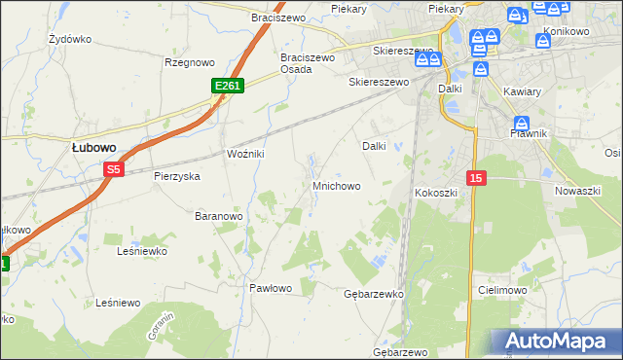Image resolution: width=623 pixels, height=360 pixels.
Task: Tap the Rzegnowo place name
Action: pos(189,62)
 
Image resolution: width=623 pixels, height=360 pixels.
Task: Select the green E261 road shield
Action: pos(227,87)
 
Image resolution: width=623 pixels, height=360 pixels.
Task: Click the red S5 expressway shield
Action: pos(114,169)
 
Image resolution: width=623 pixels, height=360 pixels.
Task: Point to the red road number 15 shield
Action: pos(475,177)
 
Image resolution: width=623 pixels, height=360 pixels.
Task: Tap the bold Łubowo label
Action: pos(94,147)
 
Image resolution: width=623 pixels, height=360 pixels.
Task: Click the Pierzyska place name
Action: pos(176,177)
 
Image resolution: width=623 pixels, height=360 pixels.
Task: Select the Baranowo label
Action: pos(218,215)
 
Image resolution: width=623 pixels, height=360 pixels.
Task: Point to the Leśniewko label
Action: pos(142,251)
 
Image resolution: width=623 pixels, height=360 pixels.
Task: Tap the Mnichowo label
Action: pos(336,185)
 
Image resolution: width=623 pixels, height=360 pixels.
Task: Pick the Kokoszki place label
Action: pos(436,193)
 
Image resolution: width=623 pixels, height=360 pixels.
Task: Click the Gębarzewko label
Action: pos(374,293)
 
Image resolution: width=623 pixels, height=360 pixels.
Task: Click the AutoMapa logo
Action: pos(556,341)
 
